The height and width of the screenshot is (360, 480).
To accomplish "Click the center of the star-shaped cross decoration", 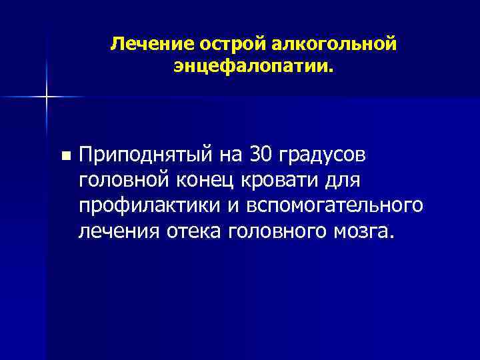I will point(47,97).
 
